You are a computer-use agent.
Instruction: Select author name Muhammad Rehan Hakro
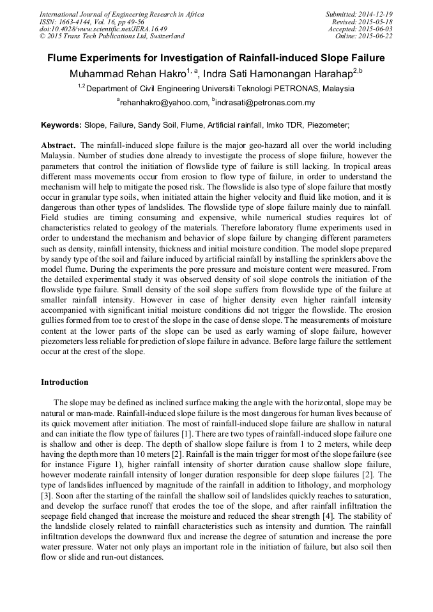(x=128, y=73)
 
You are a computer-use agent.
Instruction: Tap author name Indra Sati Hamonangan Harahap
(x=278, y=73)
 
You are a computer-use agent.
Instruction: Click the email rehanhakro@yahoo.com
(x=164, y=102)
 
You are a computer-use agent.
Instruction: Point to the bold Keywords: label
(x=61, y=125)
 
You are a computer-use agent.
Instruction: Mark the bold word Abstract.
(x=58, y=145)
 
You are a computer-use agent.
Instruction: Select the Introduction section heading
(x=65, y=382)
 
